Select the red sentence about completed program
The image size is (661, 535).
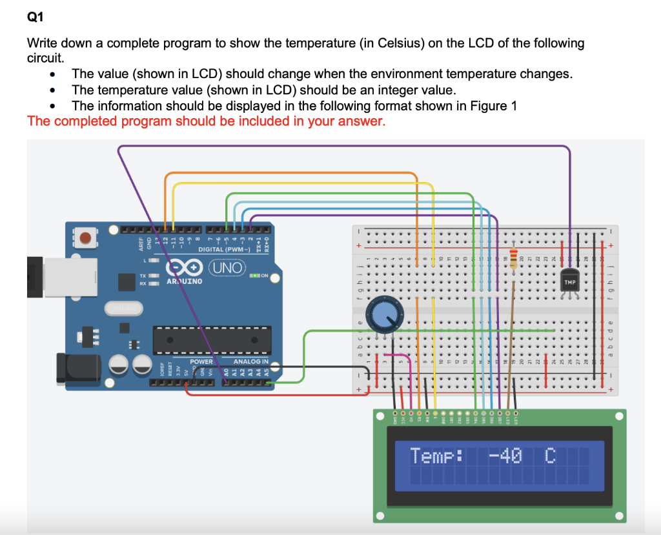coord(206,121)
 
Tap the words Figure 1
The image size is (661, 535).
coord(494,106)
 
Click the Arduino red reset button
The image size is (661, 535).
coord(85,239)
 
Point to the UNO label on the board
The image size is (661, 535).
coord(229,267)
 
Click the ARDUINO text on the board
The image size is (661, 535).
coord(185,281)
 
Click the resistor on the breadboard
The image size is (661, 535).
coord(514,258)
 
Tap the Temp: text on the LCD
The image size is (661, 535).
coord(437,456)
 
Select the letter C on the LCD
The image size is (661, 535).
coord(549,456)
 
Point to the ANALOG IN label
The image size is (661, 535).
coord(250,361)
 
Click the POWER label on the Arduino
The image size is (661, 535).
coord(201,361)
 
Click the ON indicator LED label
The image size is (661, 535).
coord(264,276)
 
